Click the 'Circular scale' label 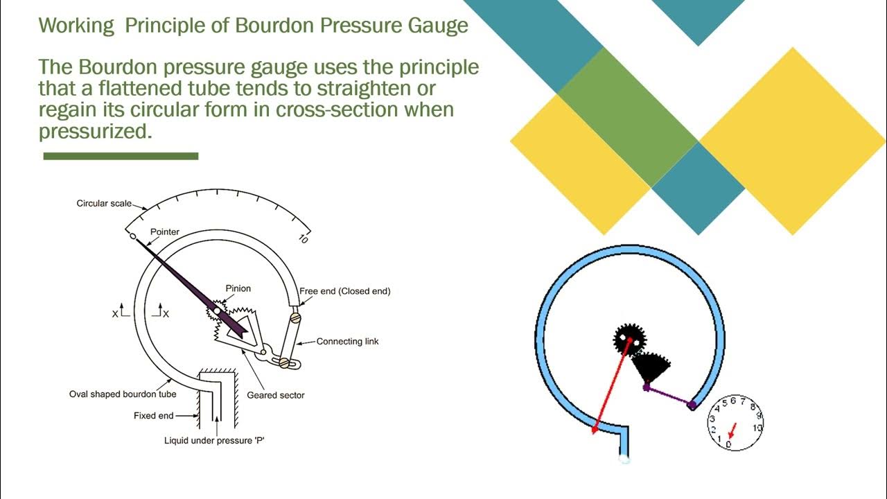(x=104, y=204)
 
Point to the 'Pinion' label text (x=238, y=288)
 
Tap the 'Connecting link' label (x=347, y=341)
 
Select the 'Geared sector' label (x=276, y=395)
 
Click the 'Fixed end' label (x=153, y=416)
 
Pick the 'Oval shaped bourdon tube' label (x=123, y=394)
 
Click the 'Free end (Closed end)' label (x=344, y=291)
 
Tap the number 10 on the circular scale (x=303, y=239)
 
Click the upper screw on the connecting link (x=295, y=318)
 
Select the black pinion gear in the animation (x=629, y=340)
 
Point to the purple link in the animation (x=669, y=396)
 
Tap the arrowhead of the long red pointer (x=595, y=430)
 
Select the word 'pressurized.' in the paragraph (x=95, y=130)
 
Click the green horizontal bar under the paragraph (x=121, y=157)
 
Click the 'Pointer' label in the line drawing (x=165, y=231)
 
